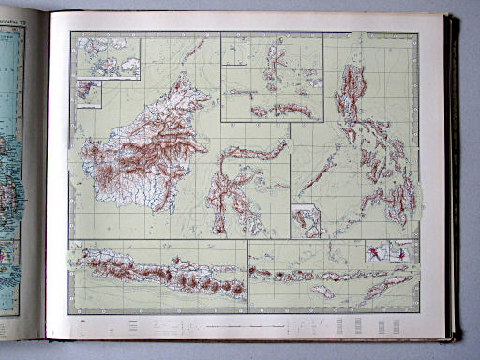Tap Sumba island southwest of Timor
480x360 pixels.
point(323,292)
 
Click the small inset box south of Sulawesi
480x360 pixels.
point(306,219)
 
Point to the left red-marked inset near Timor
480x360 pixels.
point(378,250)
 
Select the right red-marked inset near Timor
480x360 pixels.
point(404,250)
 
